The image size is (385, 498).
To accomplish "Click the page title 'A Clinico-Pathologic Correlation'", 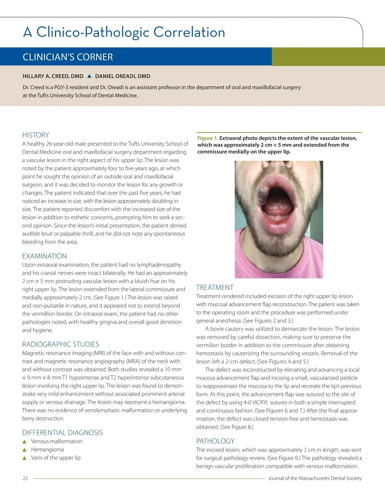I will click(124, 32).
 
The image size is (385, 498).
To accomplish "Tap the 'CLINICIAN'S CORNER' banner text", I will click(68, 57).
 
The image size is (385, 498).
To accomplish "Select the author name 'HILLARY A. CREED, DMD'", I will click(53, 76).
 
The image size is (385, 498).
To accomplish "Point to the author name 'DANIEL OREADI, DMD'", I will click(123, 76).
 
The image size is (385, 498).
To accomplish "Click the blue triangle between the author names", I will click(89, 76).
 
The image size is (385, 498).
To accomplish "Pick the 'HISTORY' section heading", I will click(36, 135).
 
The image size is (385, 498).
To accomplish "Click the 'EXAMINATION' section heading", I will click(45, 256).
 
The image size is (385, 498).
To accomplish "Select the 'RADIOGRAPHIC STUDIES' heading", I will click(61, 344).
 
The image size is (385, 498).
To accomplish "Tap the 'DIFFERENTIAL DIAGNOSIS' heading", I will click(63, 433).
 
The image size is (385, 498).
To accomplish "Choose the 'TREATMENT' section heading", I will click(215, 287).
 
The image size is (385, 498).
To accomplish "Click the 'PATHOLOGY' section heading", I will click(215, 441).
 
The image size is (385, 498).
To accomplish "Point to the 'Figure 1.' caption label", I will click(208, 138).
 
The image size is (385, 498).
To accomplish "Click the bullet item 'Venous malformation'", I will click(57, 441).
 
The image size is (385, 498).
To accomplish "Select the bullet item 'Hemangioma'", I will click(47, 450).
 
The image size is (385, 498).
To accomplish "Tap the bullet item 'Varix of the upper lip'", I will click(56, 458).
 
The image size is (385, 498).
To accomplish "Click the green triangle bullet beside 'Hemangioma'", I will click(24, 450).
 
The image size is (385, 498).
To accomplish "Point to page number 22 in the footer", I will click(25, 478).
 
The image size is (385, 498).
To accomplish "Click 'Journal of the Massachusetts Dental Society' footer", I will click(315, 478).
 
